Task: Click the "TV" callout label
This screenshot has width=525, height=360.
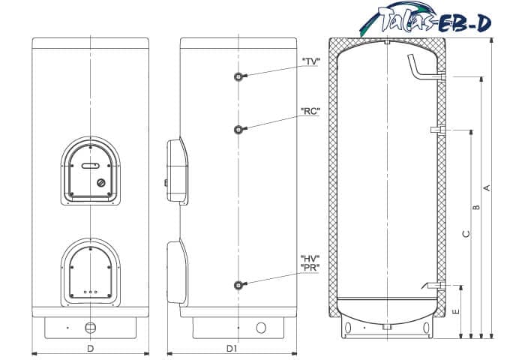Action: (311, 61)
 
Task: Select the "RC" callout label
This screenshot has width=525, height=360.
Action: (310, 111)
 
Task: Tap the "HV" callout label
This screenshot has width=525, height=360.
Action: (310, 259)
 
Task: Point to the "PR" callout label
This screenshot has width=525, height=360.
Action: (310, 268)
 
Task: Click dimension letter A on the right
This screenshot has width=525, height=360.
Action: (487, 187)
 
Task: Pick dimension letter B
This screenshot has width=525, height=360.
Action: (476, 207)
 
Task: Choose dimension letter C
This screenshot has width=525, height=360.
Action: (466, 234)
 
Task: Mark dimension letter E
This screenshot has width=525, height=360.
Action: (456, 311)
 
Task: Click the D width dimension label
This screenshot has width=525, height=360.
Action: (91, 349)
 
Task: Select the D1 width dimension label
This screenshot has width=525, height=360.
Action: (231, 349)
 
